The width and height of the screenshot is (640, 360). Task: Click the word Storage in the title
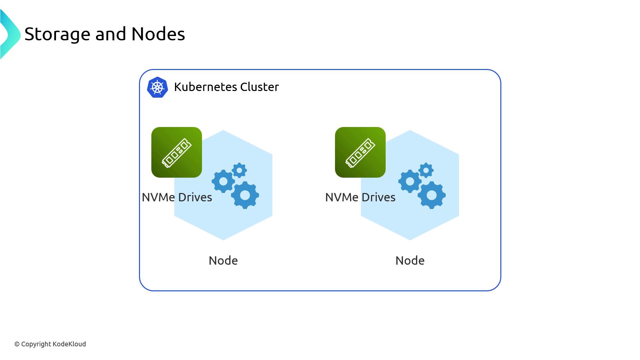[57, 34]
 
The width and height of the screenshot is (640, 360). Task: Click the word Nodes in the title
[158, 34]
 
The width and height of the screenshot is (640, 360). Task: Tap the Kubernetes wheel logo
[157, 87]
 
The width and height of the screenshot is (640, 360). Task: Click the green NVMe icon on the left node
[177, 152]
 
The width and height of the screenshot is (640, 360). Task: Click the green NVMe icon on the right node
[360, 152]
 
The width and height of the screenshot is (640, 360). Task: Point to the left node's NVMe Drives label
[177, 197]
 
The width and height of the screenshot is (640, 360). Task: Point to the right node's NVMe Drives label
[360, 197]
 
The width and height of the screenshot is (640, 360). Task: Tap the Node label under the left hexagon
[223, 261]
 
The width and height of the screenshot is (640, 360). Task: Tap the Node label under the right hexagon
[410, 261]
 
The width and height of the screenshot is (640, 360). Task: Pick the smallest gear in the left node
[239, 170]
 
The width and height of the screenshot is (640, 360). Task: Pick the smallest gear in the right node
[426, 170]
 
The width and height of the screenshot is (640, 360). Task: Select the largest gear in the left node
[245, 195]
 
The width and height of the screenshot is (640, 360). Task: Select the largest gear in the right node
[432, 195]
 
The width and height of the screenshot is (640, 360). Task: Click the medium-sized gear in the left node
[223, 181]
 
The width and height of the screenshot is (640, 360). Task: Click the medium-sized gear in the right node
[410, 181]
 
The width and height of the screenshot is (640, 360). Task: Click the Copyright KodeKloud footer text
[50, 344]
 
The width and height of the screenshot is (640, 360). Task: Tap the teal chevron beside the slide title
[10, 34]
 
